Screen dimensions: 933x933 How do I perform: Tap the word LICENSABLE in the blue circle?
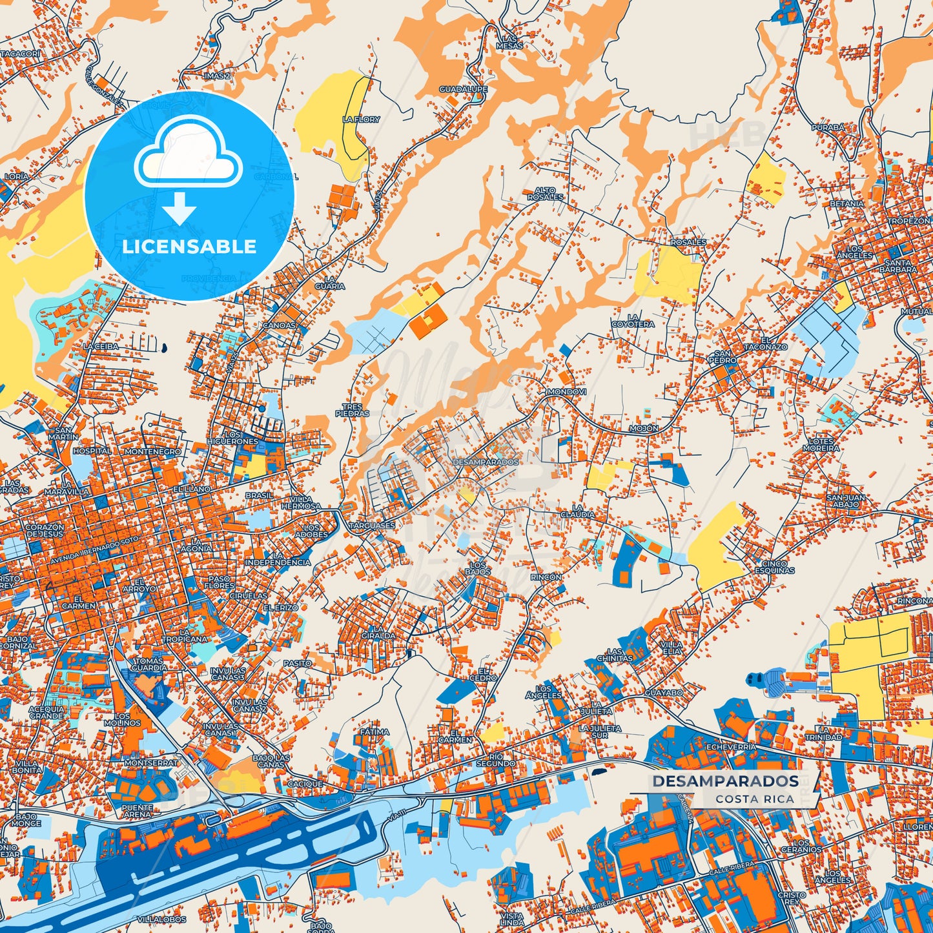[x=189, y=246]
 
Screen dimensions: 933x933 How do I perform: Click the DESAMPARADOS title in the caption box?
[x=725, y=781]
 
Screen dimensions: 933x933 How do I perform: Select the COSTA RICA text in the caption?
[x=754, y=799]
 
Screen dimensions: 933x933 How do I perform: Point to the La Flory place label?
[x=361, y=119]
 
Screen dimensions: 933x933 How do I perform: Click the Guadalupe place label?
[x=464, y=89]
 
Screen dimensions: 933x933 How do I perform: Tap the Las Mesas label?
[x=509, y=42]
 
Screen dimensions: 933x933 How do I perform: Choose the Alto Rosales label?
[x=545, y=193]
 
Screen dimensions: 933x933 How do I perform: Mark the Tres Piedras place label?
[x=353, y=410]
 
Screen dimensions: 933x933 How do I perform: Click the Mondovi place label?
[x=566, y=392]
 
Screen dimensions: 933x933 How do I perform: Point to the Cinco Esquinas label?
[x=775, y=567]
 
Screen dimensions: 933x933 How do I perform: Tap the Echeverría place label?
[x=732, y=746]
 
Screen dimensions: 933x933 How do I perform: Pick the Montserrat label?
[x=150, y=763]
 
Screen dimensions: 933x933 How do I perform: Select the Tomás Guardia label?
[x=149, y=664]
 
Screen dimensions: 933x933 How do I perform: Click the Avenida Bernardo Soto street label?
[x=95, y=548]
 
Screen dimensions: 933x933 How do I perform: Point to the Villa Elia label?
[x=672, y=648]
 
